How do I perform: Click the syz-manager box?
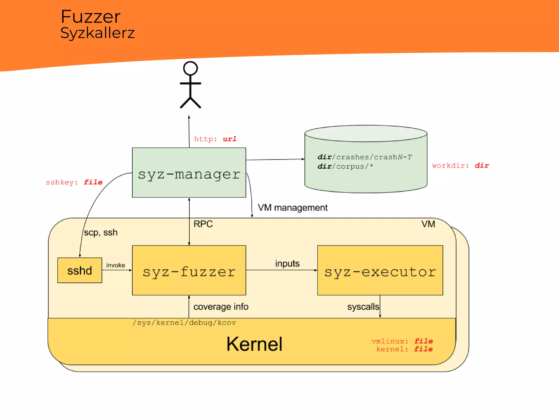pos(189,173)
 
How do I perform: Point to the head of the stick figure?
pos(190,68)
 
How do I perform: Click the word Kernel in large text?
pos(254,344)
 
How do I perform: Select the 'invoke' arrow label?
pos(115,265)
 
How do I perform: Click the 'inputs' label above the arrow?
pos(287,264)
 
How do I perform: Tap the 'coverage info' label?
pos(221,307)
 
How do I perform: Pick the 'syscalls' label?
pos(363,307)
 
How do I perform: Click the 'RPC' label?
pos(203,224)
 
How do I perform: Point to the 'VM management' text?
pos(293,208)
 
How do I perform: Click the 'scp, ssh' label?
pos(101,232)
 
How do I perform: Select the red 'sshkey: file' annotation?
pos(74,182)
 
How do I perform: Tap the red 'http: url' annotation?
pos(215,139)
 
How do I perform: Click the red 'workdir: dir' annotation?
pos(460,166)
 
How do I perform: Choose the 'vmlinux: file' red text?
pos(402,341)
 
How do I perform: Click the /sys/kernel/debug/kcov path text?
pos(184,323)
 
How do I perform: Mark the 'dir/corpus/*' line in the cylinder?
pos(345,166)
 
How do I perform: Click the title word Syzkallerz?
pos(97,33)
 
